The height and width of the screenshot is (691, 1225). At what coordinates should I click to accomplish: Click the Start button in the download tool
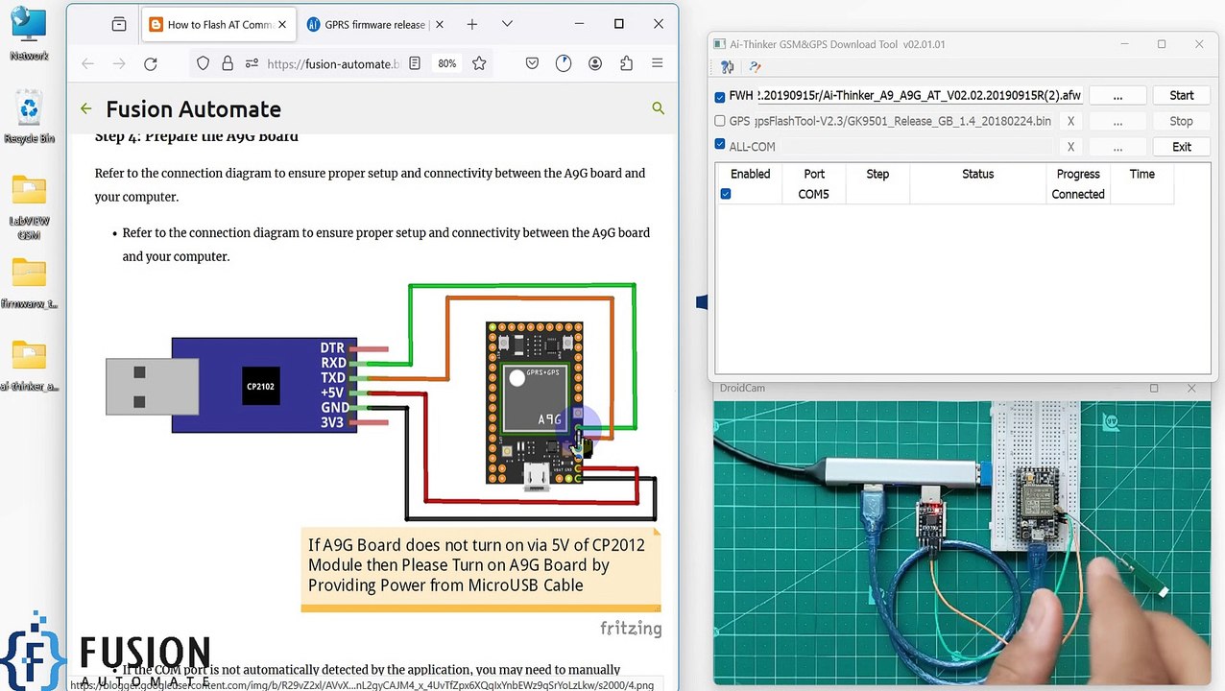pos(1181,96)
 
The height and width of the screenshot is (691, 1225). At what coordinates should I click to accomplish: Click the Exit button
pos(1181,147)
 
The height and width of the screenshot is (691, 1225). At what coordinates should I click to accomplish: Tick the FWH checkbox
pos(720,96)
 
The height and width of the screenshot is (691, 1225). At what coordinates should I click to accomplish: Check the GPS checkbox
pos(720,121)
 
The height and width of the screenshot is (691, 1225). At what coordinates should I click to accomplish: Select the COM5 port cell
pos(813,194)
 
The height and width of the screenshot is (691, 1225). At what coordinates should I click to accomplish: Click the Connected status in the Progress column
pos(1077,194)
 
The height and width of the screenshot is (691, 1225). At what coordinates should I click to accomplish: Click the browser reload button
pos(150,63)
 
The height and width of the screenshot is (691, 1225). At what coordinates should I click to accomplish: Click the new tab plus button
pos(471,24)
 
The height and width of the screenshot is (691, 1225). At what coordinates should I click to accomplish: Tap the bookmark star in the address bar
pos(479,63)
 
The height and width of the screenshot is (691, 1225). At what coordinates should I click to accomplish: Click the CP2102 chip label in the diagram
pos(260,386)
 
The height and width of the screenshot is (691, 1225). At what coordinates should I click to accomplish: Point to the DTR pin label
pos(332,347)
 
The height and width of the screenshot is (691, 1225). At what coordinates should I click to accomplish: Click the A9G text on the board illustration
pos(549,419)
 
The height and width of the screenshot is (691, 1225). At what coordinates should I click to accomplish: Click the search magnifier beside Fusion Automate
pos(658,108)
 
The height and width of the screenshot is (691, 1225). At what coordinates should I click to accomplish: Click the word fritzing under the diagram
pos(630,629)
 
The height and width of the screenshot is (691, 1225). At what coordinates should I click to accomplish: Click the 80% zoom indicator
pos(446,63)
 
